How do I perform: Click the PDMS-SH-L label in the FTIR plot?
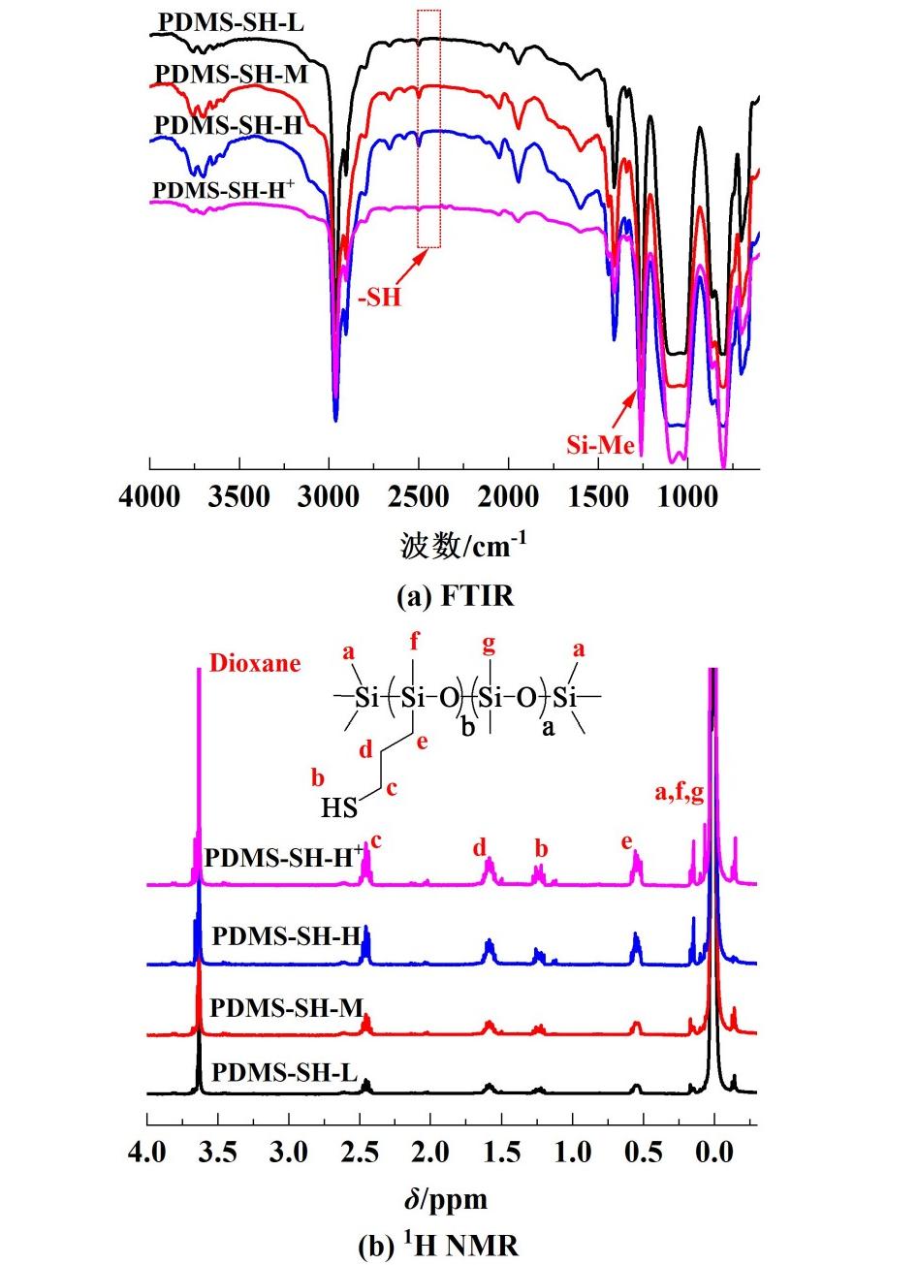pos(230,20)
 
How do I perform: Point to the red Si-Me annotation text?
pos(600,446)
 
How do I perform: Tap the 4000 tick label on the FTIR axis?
pos(150,499)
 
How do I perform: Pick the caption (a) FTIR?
pos(455,596)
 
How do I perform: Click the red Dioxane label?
pos(256,663)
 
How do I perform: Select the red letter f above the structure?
pos(415,643)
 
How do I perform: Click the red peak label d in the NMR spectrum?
pos(479,848)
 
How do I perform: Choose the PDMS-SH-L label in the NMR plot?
pos(284,1073)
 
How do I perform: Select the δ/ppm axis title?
pos(447,1200)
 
